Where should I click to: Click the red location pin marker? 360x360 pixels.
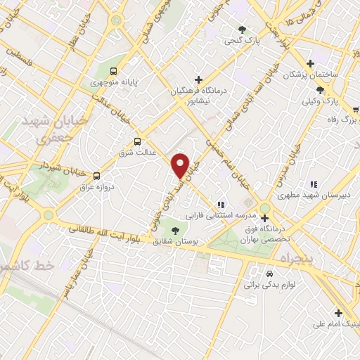point(181,165)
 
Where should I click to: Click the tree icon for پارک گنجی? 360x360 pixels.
point(243,30)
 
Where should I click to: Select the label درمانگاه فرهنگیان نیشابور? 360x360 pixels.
point(199,95)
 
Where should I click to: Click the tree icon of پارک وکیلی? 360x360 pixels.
point(320,89)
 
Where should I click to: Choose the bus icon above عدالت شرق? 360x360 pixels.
point(138,140)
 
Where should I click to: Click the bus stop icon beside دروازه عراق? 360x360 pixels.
point(96,176)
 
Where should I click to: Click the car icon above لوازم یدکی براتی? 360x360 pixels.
point(269,273)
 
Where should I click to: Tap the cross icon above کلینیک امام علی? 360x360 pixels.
point(337,313)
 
